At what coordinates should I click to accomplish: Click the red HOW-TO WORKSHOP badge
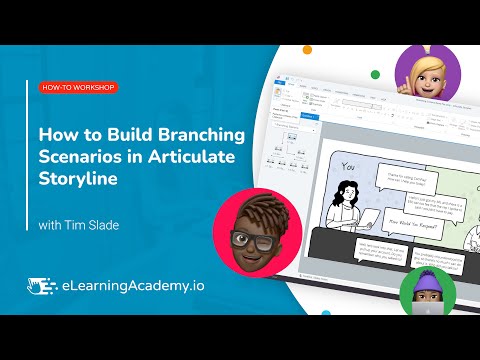79,88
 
